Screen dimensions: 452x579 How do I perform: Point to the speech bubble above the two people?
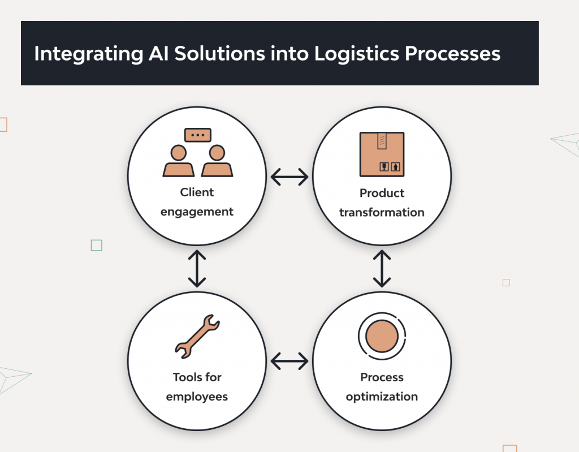coord(197,135)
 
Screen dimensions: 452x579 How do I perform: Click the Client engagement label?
coord(197,202)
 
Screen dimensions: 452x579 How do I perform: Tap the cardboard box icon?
coord(382,154)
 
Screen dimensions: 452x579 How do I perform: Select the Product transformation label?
coord(382,203)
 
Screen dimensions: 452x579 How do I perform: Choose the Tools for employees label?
coord(197,386)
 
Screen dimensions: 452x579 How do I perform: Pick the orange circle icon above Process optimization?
coord(382,337)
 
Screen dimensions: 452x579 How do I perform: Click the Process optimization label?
coord(382,386)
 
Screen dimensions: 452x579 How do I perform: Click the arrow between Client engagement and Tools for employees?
coord(197,268)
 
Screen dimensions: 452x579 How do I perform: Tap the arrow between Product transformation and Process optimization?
coord(382,268)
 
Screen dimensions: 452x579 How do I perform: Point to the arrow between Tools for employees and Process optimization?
coord(289,360)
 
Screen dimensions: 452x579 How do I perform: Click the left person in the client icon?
coord(179,162)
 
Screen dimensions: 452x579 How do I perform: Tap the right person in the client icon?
coord(217,162)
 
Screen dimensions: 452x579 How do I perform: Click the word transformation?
coord(382,213)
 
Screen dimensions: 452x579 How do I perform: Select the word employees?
coord(197,397)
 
